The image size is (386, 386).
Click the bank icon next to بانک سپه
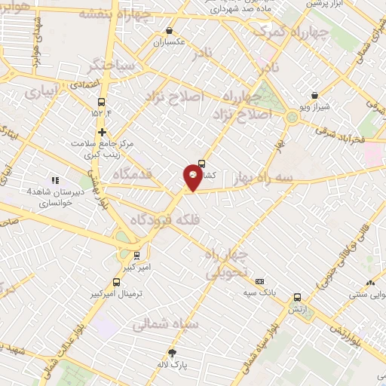click(260, 280)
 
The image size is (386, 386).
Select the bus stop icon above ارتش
click(298, 297)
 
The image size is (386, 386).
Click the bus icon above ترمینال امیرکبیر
click(136, 255)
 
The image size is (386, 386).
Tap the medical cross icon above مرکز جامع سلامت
click(101, 132)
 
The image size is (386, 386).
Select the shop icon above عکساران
click(170, 31)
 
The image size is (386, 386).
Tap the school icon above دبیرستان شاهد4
click(54, 180)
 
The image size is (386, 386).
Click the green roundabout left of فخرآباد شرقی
click(291, 116)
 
